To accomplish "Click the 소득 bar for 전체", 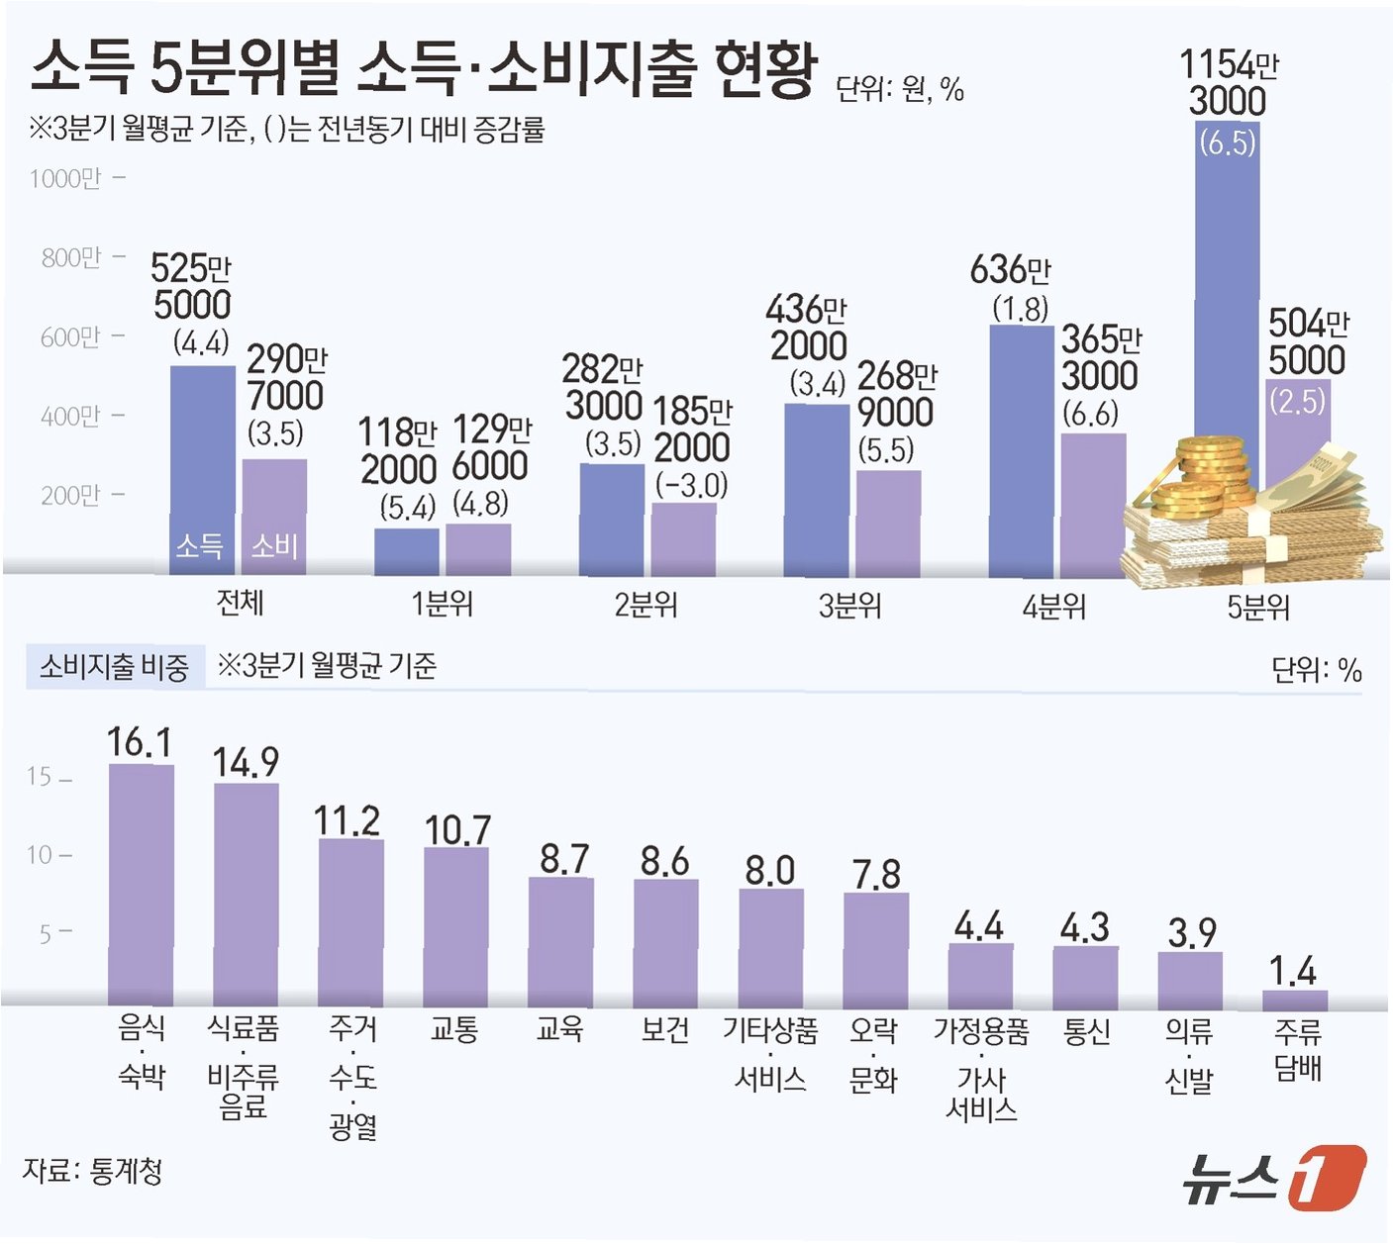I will [202, 465].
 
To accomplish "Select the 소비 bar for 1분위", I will [478, 549].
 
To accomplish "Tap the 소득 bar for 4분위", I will [1021, 450].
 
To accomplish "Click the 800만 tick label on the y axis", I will [71, 258].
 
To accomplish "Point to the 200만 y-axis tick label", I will [71, 496].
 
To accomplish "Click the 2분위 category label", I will [646, 605].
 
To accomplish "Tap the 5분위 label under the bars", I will [1258, 606].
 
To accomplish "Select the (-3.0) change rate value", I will [691, 486].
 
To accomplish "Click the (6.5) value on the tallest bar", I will [1227, 144].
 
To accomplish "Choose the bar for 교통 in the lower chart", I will [455, 925].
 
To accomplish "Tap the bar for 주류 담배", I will [1295, 1000].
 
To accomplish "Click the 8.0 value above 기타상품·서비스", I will [770, 871].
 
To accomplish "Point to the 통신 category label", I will [1086, 1031].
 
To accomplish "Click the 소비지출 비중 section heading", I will [114, 667].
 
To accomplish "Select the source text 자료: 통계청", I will [92, 1172].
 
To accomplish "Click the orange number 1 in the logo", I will [1327, 1178].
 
